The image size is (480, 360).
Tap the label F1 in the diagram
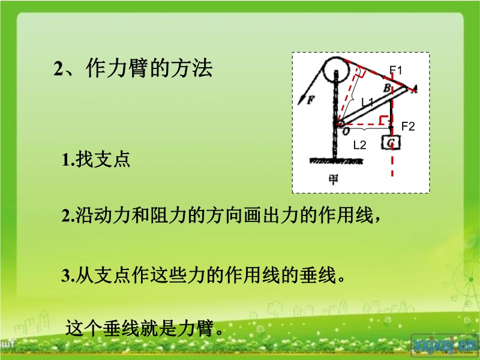(x=396, y=70)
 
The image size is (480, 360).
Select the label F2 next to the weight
(x=408, y=126)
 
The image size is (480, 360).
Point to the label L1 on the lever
(x=367, y=101)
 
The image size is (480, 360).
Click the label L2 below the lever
(x=359, y=145)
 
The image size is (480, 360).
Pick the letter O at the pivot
(x=346, y=131)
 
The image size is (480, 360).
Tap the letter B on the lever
(x=387, y=88)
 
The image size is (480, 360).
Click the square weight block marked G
(x=391, y=143)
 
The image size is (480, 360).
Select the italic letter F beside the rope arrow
(x=310, y=100)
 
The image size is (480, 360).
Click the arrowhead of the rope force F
(x=301, y=101)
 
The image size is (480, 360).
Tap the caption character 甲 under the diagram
(x=334, y=179)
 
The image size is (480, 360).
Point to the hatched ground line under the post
(x=335, y=161)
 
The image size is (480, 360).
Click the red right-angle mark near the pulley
(x=361, y=72)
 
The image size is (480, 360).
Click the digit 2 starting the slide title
(x=58, y=69)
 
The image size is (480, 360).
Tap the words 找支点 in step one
(x=103, y=159)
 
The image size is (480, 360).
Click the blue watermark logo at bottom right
(x=444, y=346)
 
